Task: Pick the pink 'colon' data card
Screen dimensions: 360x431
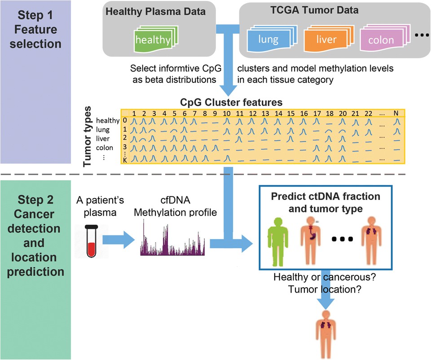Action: point(381,40)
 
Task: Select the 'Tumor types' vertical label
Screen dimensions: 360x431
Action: point(89,137)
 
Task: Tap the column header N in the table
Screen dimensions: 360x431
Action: point(396,113)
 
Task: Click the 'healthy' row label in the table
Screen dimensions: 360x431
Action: point(108,120)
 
